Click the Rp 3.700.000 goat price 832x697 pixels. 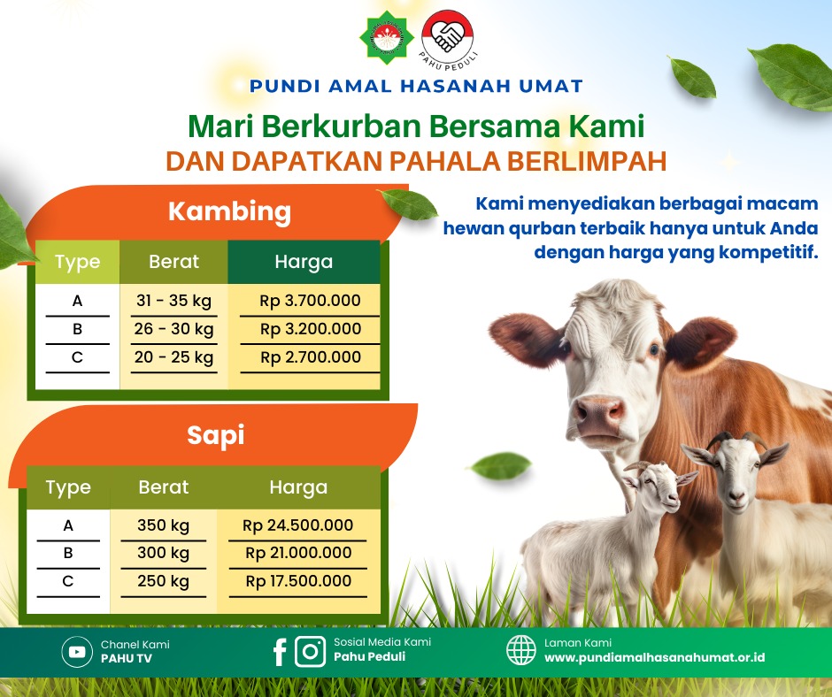(x=310, y=301)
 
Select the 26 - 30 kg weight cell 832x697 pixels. (x=174, y=329)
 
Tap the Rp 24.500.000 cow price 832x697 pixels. (x=297, y=525)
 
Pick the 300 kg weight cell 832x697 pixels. (x=164, y=553)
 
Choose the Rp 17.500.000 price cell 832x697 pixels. (x=298, y=581)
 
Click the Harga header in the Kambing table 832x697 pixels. (x=304, y=262)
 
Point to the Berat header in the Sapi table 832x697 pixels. (x=164, y=487)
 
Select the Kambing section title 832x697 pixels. (x=229, y=211)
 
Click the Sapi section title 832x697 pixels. (x=215, y=436)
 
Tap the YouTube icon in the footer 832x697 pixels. (x=77, y=651)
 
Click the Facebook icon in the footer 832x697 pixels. (x=280, y=652)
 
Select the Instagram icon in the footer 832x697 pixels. (x=310, y=651)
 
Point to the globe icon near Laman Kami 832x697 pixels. (x=521, y=650)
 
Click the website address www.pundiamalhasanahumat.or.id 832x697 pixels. (x=655, y=658)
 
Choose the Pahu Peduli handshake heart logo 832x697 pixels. (x=447, y=36)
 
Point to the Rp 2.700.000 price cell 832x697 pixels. (x=311, y=357)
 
